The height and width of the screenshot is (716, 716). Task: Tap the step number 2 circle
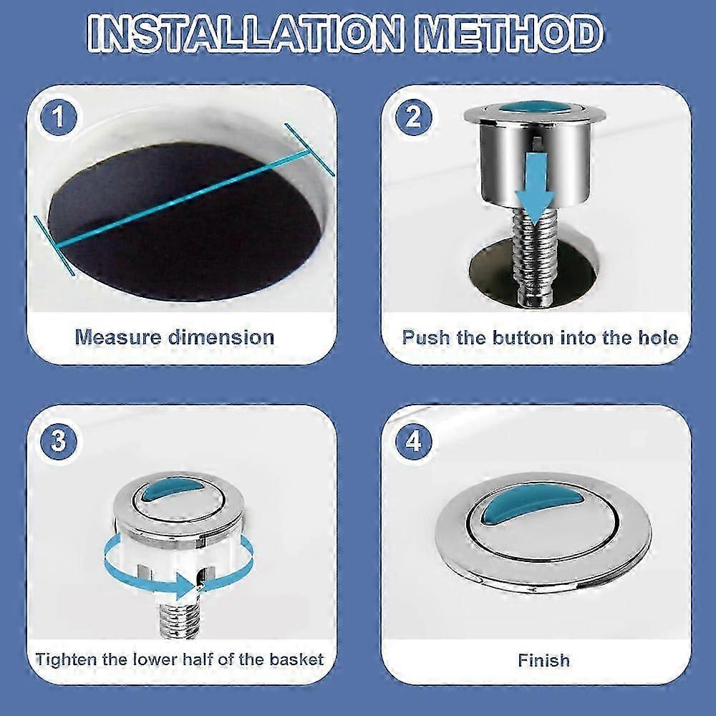pos(413,117)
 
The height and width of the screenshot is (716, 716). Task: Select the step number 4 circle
pos(413,441)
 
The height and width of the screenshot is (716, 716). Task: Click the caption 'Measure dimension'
pos(175,337)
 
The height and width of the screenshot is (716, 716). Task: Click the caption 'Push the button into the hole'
pos(540,337)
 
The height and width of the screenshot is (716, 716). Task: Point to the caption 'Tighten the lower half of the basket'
pos(180,659)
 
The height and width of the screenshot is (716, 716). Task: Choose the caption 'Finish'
pos(544,659)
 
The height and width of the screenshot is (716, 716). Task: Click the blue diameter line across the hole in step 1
pos(186,200)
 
